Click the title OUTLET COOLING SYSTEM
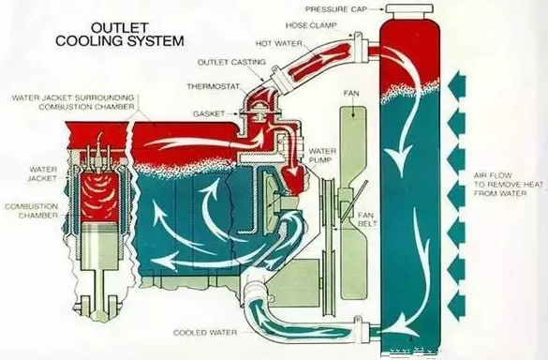pos(120,35)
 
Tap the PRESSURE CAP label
pos(336,9)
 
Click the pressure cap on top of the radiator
pos(409,11)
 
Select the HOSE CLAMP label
pos(311,25)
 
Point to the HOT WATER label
pos(279,44)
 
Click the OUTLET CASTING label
pos(231,62)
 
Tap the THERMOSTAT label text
pos(214,86)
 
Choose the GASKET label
pos(209,113)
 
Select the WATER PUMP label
pos(322,156)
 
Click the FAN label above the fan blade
pos(351,94)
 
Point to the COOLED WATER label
pos(205,333)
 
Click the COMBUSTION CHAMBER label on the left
pos(32,211)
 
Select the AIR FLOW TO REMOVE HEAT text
pos(509,185)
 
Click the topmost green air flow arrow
pos(457,86)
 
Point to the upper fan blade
pos(354,147)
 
